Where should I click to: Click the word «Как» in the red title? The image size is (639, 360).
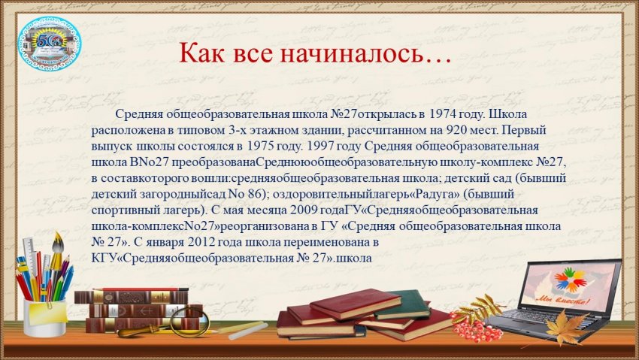[x=201, y=53]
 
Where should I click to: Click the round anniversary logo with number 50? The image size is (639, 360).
[x=50, y=44]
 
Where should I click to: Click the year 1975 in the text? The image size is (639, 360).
[x=260, y=147]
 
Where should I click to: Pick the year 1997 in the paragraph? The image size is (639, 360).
[x=319, y=147]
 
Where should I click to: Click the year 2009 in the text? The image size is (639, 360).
[x=303, y=210]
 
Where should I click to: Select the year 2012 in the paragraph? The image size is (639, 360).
[x=201, y=242]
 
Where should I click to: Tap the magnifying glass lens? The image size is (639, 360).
[x=189, y=322]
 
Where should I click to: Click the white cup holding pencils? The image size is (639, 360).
[x=44, y=317]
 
